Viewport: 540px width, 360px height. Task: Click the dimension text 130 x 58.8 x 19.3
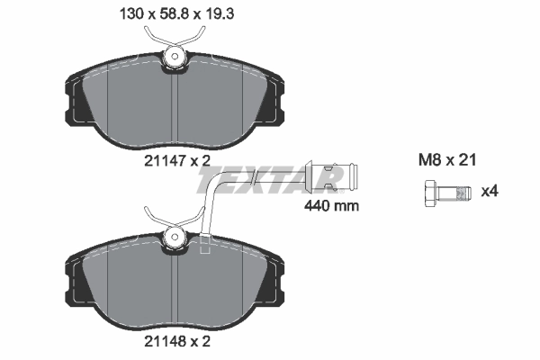(171, 13)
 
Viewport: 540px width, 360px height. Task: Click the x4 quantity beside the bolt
(490, 191)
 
